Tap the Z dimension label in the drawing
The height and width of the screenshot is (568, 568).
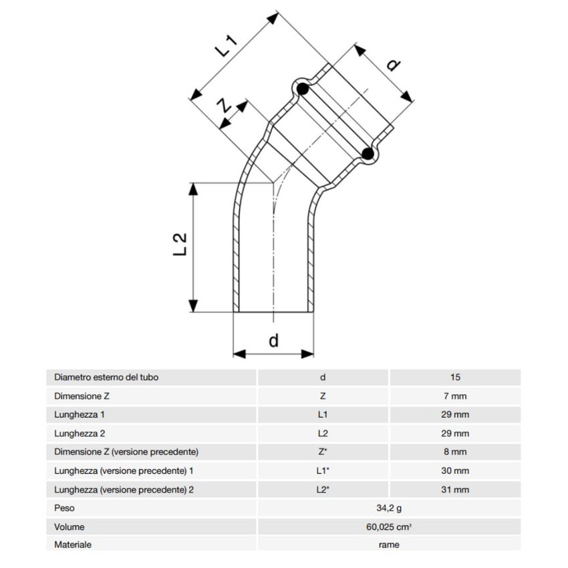pyautogui.click(x=226, y=105)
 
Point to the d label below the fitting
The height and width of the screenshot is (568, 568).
pyautogui.click(x=273, y=340)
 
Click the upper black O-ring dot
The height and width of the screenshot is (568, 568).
pyautogui.click(x=302, y=89)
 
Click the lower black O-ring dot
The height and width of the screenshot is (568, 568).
pyautogui.click(x=367, y=154)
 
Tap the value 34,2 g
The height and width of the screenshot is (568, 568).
pyautogui.click(x=388, y=509)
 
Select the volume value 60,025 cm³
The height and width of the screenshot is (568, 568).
pyautogui.click(x=388, y=527)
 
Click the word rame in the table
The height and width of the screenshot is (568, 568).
pyautogui.click(x=388, y=545)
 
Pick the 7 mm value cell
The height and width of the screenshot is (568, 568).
pyautogui.click(x=455, y=396)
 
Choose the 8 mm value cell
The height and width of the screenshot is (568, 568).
pyautogui.click(x=455, y=452)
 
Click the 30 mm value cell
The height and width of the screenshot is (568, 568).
pyautogui.click(x=455, y=471)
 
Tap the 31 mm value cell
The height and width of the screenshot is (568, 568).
pyautogui.click(x=455, y=490)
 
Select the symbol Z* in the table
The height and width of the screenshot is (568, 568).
pyautogui.click(x=323, y=452)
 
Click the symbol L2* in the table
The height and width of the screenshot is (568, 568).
pyautogui.click(x=323, y=490)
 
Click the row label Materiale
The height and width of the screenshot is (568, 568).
pyautogui.click(x=73, y=545)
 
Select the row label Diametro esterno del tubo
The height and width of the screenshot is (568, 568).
pyautogui.click(x=106, y=378)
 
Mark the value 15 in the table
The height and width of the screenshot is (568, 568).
pyautogui.click(x=455, y=378)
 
